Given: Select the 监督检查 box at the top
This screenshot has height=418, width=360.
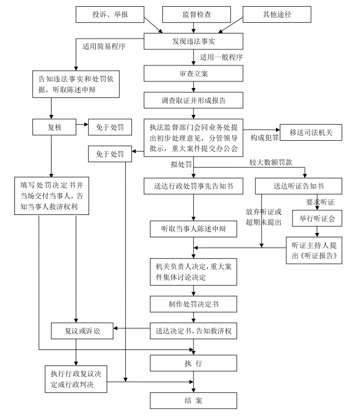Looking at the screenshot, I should pyautogui.click(x=194, y=14).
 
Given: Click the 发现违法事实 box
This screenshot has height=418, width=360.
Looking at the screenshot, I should pyautogui.click(x=193, y=41).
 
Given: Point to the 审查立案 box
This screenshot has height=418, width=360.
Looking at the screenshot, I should pyautogui.click(x=193, y=73).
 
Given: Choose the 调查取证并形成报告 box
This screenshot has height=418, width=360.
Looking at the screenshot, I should pyautogui.click(x=193, y=100).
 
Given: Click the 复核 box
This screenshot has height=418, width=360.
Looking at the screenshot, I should pyautogui.click(x=54, y=126).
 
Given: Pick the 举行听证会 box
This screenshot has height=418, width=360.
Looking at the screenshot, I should pyautogui.click(x=314, y=218).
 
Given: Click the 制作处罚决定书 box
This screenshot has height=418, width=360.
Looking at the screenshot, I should pyautogui.click(x=193, y=304).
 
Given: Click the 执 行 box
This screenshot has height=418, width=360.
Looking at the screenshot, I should pyautogui.click(x=193, y=363).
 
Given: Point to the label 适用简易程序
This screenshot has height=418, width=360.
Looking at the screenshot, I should pyautogui.click(x=105, y=46).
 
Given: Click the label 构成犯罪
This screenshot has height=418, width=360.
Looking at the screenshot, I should pyautogui.click(x=264, y=139).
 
